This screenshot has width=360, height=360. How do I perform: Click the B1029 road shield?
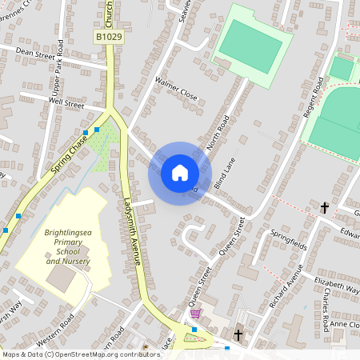coord(109,37)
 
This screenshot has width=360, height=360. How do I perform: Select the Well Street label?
coord(66,103)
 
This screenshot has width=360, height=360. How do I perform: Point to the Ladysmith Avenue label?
coord(133,231)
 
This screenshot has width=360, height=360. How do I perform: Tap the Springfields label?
coord(289,239)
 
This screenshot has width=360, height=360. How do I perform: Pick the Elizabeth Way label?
coord(336,285)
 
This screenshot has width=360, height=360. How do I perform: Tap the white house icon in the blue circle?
coord(180,173)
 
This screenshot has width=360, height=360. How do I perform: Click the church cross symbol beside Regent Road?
coord(325,208)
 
